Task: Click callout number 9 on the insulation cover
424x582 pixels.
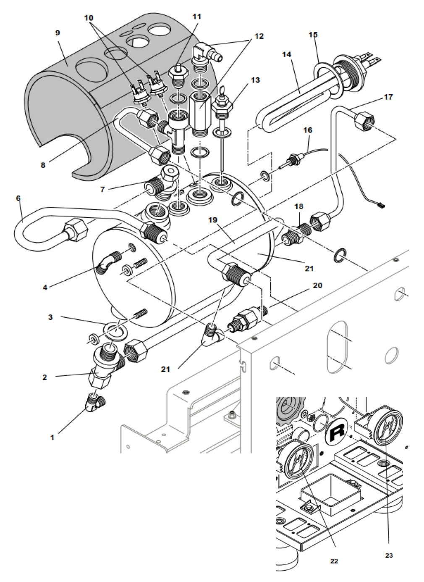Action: [58, 33]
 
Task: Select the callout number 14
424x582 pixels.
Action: [287, 55]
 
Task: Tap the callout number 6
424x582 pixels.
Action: [18, 198]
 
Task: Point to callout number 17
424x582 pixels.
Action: [388, 97]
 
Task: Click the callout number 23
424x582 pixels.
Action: [389, 556]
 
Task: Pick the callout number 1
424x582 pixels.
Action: [52, 437]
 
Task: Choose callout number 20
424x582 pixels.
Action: [317, 286]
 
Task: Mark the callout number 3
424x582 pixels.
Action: [50, 317]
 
